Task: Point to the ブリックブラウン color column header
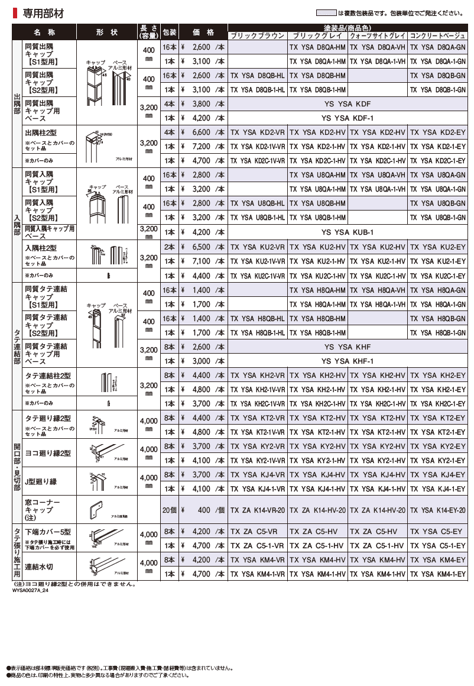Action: (257, 35)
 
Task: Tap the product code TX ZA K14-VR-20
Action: (257, 510)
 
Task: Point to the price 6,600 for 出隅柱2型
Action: (198, 132)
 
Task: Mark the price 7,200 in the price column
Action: (198, 146)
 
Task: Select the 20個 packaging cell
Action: (169, 510)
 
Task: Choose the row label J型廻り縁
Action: (41, 481)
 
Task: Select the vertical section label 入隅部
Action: (17, 225)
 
